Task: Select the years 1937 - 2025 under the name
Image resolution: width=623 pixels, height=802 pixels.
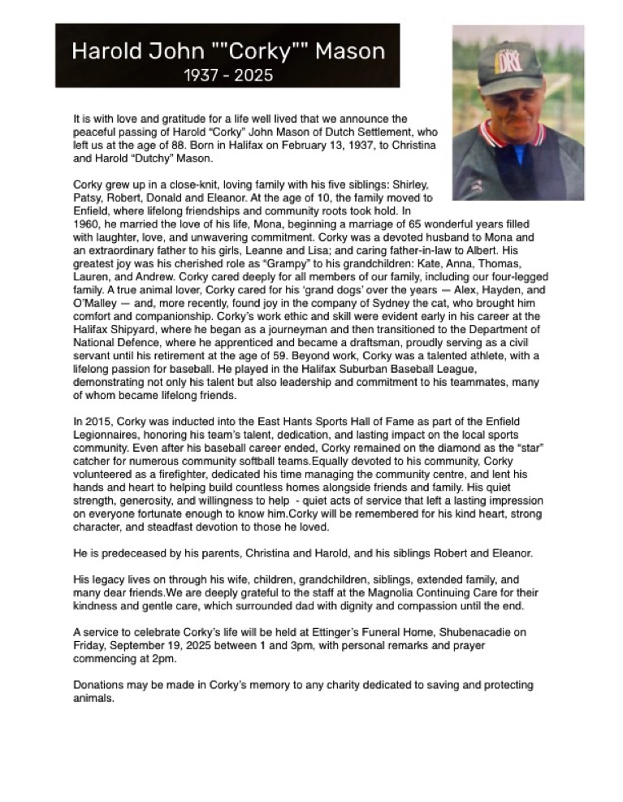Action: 227,76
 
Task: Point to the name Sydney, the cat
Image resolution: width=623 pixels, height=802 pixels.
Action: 385,302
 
